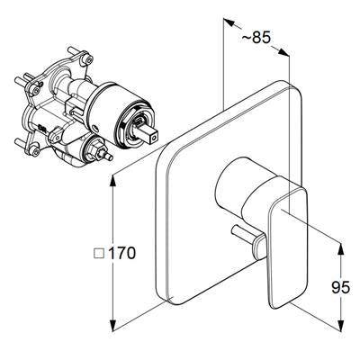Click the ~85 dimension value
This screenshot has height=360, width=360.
256,38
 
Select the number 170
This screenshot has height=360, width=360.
121,254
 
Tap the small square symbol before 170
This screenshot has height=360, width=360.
99,254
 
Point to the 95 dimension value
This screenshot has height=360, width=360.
341,287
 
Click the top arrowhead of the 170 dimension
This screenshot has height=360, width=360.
113,181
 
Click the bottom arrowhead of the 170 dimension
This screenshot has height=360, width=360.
113,326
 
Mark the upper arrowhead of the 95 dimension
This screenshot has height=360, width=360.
341,249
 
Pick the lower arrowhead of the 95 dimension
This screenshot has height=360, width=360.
341,326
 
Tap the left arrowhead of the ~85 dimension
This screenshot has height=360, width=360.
229,23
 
